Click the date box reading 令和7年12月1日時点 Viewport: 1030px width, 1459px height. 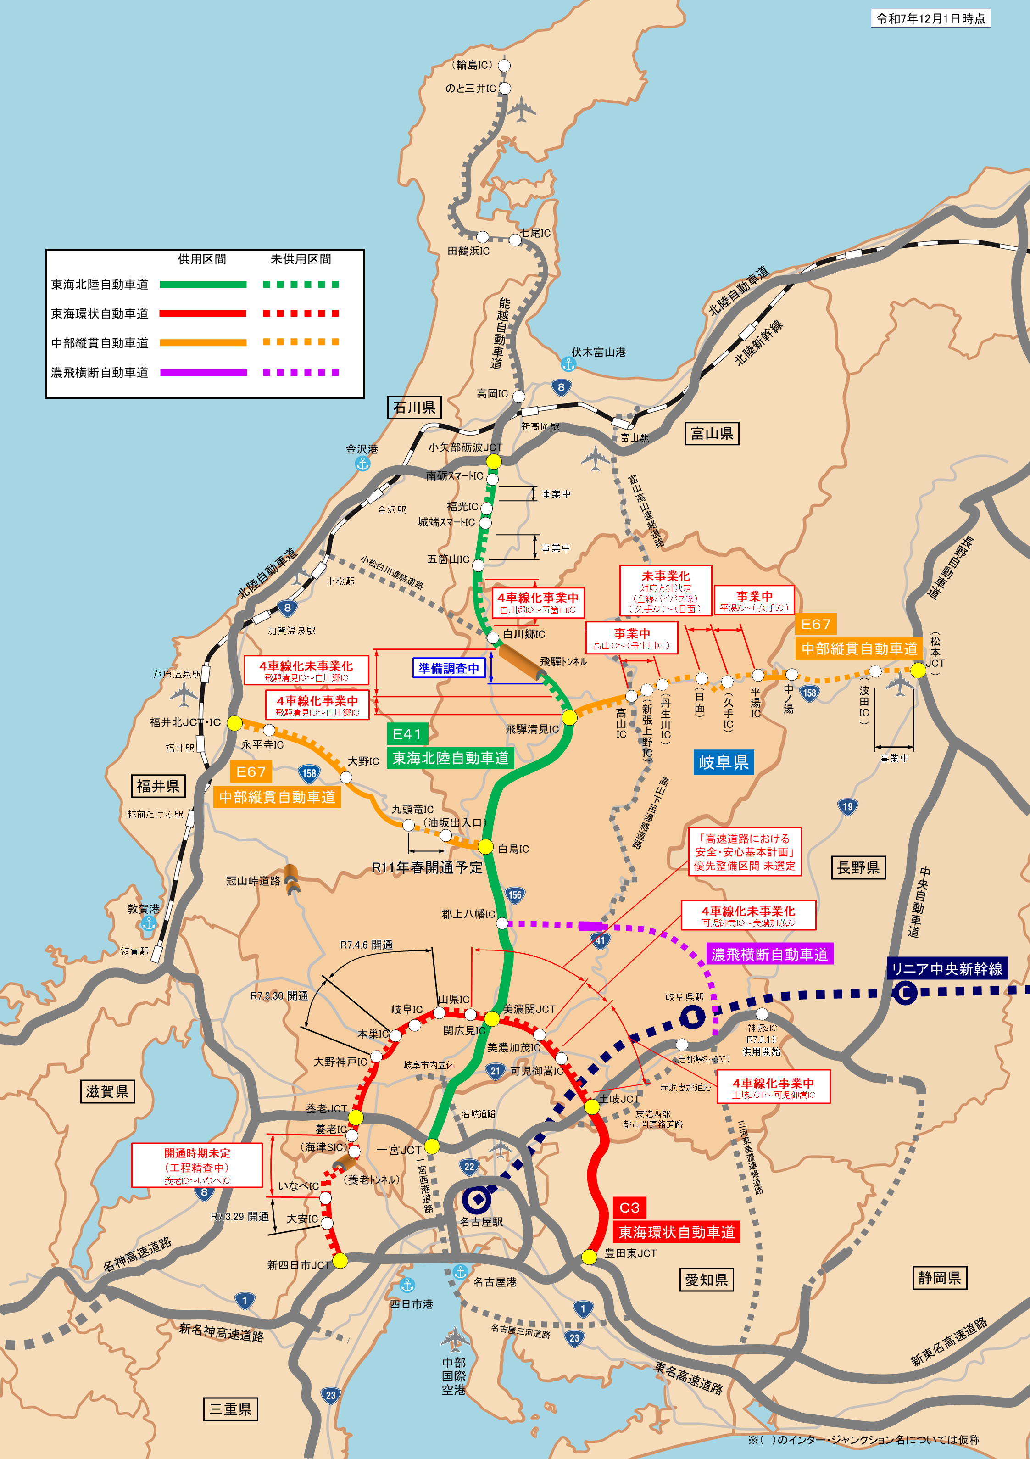coord(930,18)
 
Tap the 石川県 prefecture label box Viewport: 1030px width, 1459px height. coord(414,408)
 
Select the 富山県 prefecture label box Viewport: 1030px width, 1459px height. coord(712,433)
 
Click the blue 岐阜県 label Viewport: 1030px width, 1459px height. coord(723,762)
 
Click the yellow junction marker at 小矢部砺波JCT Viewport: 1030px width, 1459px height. coord(494,461)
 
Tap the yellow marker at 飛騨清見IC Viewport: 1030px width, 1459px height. coord(569,717)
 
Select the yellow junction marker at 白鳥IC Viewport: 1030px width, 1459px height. coord(485,846)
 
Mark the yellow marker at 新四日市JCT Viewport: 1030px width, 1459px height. coord(340,1261)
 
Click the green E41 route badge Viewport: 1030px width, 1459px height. coord(406,734)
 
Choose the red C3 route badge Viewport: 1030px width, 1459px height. coord(629,1207)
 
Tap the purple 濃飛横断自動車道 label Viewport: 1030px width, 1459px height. coord(769,954)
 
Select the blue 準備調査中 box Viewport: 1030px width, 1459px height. coord(449,668)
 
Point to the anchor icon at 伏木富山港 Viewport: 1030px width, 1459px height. coord(568,364)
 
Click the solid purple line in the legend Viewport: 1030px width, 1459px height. coord(203,372)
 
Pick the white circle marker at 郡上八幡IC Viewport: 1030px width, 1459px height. coord(502,922)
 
